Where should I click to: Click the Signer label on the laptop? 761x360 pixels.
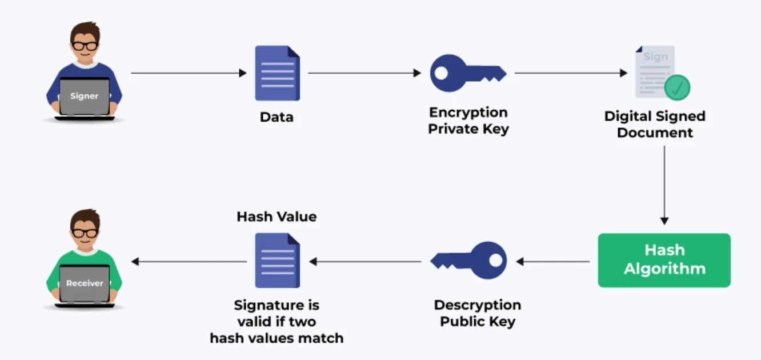point(85,96)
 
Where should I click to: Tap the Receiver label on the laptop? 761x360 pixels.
point(85,283)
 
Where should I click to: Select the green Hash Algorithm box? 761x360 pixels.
point(664,259)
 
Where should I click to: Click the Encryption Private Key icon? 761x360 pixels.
point(468,73)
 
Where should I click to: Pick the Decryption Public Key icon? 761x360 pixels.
point(469,261)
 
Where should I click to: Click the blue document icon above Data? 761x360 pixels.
point(277,73)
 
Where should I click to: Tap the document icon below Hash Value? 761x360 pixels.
point(277,261)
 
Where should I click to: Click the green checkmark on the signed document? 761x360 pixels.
point(677,88)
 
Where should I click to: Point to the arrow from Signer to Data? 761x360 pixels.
point(189,73)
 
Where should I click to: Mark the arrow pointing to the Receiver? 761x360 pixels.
point(189,262)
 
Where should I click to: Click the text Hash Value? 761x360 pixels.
point(277,217)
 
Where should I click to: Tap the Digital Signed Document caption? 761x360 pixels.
point(655,125)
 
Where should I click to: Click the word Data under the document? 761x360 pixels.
point(277,117)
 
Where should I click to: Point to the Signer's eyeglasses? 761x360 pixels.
point(85,46)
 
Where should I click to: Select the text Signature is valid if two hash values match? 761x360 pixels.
point(277,322)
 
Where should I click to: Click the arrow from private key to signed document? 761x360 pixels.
point(571,73)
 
